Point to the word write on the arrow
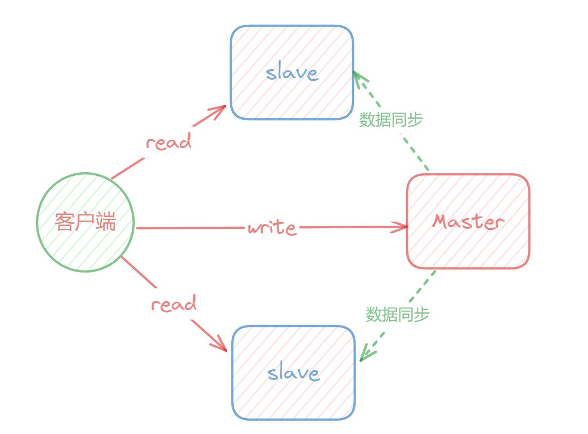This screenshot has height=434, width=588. (272, 227)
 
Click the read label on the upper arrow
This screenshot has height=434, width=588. (169, 142)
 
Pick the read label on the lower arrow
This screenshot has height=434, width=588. (174, 304)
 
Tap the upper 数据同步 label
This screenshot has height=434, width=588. (391, 119)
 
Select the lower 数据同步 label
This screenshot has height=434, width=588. (397, 314)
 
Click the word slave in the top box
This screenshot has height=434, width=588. (292, 73)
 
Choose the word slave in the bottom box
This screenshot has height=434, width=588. (293, 372)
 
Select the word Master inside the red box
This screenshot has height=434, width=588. (468, 222)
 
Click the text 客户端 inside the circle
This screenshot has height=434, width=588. (85, 222)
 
